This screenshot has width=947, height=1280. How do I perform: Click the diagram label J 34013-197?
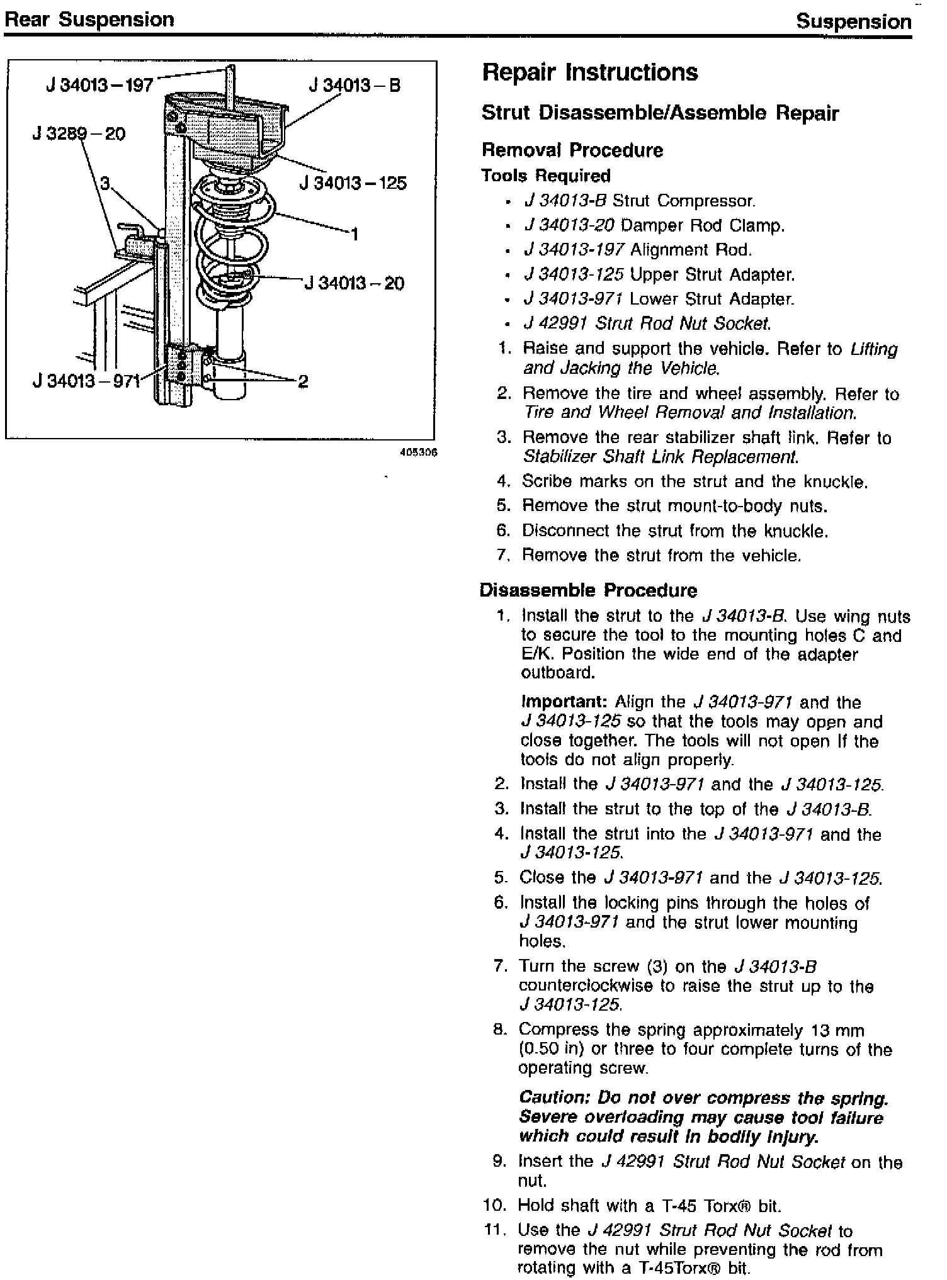99,84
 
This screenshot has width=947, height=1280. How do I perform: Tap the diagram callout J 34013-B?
354,85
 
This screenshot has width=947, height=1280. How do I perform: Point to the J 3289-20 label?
79,133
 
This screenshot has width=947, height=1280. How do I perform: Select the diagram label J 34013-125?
353,183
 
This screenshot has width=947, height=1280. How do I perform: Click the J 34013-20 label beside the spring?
354,283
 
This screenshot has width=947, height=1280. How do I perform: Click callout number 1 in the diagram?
354,235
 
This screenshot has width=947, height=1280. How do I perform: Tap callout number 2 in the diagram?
303,381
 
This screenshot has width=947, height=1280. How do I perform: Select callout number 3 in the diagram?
105,183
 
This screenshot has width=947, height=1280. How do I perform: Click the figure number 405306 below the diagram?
418,452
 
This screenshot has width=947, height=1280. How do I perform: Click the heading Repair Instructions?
590,72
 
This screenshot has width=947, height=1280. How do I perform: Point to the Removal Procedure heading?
572,150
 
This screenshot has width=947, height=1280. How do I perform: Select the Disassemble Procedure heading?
588,590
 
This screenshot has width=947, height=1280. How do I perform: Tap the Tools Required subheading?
546,176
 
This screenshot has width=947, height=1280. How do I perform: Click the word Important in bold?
564,702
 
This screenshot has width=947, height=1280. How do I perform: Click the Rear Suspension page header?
89,20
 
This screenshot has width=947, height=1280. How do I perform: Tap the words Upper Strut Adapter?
712,274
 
